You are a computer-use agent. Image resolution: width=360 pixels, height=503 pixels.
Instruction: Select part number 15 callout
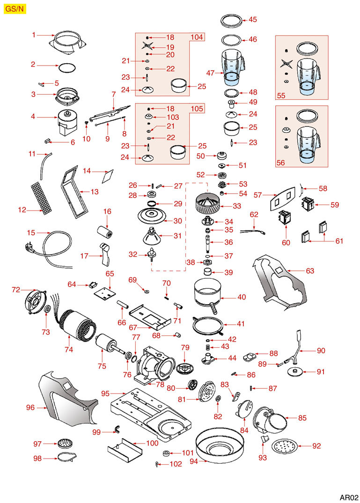point(31,233)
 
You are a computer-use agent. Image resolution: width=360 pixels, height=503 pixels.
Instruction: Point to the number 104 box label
point(197,37)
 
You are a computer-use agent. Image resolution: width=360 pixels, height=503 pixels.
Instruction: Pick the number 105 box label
point(197,109)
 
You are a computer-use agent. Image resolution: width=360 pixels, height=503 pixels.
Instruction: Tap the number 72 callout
point(16,290)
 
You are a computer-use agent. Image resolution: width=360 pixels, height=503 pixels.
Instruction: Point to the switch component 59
point(306,204)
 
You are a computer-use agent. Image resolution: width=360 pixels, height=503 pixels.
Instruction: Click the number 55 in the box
point(281,95)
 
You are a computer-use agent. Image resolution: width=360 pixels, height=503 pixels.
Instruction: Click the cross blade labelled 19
point(148,46)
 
